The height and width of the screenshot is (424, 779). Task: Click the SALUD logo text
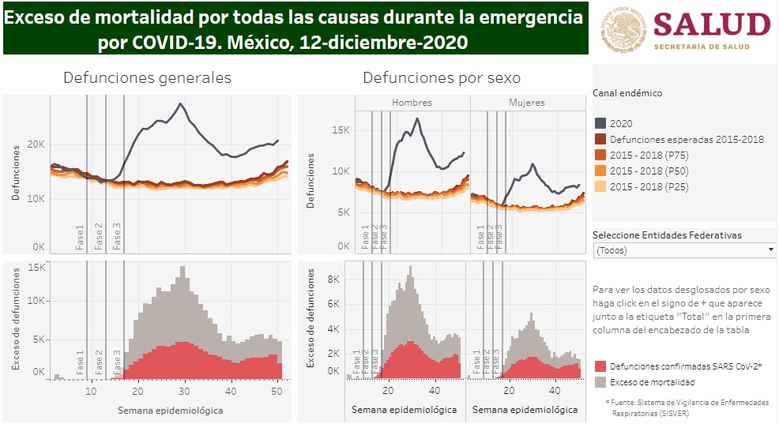point(712,25)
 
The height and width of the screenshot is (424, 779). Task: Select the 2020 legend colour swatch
point(600,123)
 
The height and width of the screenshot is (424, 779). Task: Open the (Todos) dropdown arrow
point(770,250)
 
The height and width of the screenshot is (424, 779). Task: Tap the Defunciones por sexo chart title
point(442,78)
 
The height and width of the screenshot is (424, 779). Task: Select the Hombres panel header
point(412,103)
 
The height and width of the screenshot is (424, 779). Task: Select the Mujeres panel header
point(526,103)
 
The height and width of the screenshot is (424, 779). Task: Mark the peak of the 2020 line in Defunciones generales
point(181,103)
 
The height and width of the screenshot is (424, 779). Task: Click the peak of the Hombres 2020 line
point(417,118)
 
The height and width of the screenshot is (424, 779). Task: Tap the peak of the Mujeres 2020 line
point(533,164)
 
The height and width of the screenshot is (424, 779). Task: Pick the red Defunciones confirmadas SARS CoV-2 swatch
point(600,366)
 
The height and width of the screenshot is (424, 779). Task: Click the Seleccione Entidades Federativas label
point(667,235)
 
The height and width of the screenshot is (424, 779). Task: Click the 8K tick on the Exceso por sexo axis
point(333,280)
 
